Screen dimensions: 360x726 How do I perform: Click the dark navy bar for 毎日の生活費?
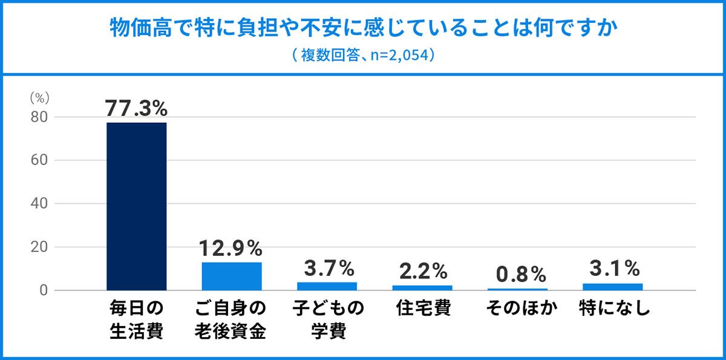136,206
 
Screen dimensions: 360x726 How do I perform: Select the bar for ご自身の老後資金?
232,276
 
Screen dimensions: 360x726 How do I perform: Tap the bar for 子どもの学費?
327,286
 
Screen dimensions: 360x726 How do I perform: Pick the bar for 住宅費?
422,287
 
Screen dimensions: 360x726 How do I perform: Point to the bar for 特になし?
613,287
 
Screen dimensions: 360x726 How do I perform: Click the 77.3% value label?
136,109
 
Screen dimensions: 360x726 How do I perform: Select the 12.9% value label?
232,248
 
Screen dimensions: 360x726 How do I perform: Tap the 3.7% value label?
327,268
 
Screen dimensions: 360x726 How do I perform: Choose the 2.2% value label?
422,271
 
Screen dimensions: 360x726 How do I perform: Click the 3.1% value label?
613,269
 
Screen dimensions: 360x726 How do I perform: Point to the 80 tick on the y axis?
39,117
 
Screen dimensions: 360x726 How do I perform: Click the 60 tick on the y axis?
39,160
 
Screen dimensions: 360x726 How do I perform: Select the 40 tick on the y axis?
39,204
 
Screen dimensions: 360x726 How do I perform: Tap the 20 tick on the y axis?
39,247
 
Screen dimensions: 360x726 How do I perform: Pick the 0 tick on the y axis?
43,290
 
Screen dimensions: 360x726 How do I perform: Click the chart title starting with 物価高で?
363,28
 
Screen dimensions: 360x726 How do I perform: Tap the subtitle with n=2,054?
363,56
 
